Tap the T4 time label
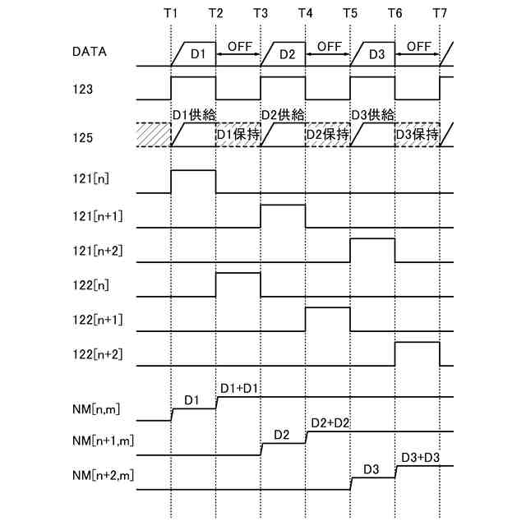coord(305,13)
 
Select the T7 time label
coord(440,13)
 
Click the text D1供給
coord(193,114)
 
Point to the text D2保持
coord(328,134)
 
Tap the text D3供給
coord(373,114)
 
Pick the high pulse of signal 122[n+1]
coord(328,318)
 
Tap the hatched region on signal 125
coord(153,136)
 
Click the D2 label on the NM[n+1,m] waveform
coord(283,434)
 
